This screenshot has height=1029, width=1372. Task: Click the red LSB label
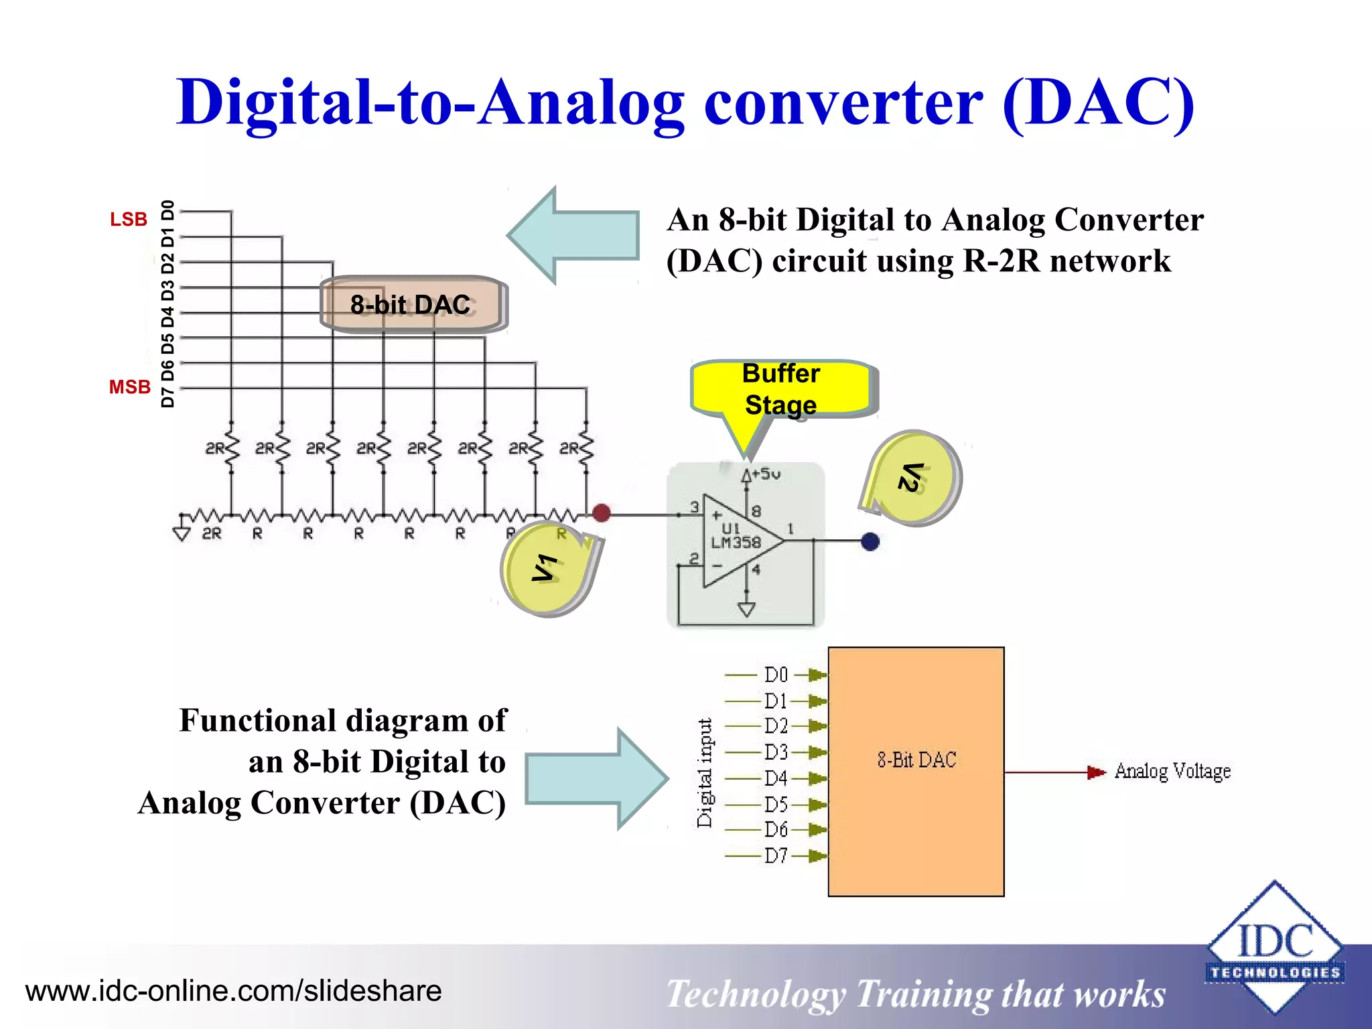coord(129,220)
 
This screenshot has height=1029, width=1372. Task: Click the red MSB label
coord(130,387)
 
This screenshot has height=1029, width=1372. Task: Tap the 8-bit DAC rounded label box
coord(411,305)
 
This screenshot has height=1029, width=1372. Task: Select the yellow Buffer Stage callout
coord(781,389)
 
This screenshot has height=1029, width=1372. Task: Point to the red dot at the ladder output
coord(602,513)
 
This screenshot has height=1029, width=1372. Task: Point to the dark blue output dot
coord(870,541)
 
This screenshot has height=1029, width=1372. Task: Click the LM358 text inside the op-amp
coord(736,543)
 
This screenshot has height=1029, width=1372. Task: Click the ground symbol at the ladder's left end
coord(182,532)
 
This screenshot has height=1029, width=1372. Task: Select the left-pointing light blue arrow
coord(573,235)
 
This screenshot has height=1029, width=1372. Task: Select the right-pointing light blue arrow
coord(596,778)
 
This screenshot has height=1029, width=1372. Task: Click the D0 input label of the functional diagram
coord(776,675)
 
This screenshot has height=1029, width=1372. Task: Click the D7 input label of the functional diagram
coord(776,855)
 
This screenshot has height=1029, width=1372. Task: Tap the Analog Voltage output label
coord(1172,772)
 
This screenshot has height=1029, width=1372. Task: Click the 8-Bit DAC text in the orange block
coord(916,760)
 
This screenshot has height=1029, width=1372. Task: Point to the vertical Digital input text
coord(705,773)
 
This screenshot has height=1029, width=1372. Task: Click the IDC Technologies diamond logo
coord(1274,947)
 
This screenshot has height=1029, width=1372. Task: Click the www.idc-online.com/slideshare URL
coord(233,991)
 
